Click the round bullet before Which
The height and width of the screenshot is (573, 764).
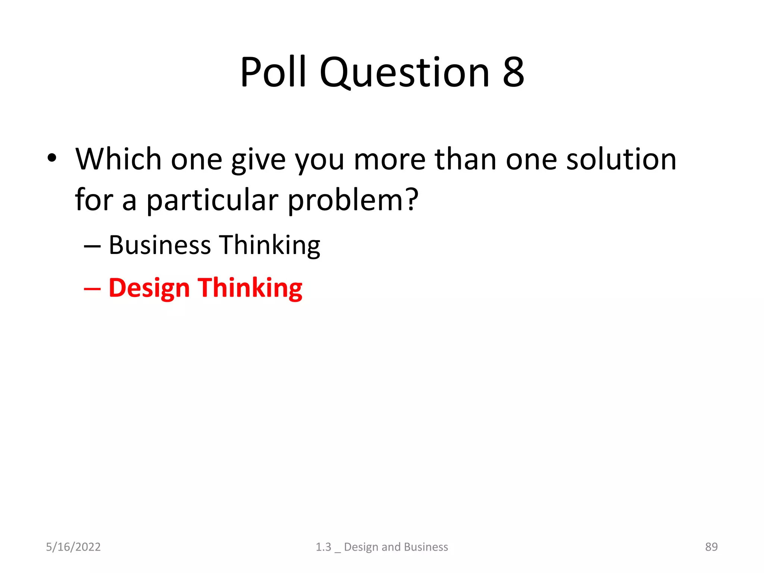coord(52,158)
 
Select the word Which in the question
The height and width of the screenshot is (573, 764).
coord(118,159)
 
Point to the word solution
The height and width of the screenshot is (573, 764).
coord(621,159)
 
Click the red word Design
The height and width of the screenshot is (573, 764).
coord(149,288)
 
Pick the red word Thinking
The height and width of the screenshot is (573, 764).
coord(250,288)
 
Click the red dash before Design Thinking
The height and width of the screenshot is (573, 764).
coord(92,289)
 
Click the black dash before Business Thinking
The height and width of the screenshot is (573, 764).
coord(92,246)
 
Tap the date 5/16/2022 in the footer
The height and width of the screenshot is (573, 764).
coord(73,547)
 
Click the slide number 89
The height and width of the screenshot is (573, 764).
coord(711,547)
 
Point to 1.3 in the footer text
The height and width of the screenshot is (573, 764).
coord(323,547)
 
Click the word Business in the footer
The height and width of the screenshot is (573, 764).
coord(426,547)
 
